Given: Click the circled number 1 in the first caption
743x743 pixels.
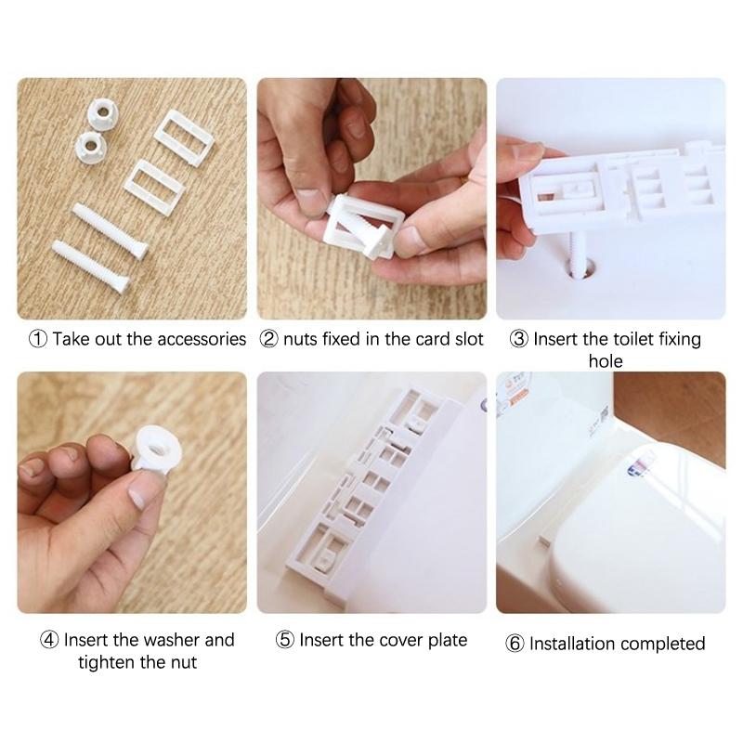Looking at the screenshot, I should (38, 339).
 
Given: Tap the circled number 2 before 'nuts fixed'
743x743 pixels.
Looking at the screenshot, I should (268, 339).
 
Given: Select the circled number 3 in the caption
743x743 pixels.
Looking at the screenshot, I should (519, 339).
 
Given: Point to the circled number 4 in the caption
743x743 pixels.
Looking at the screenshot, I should (49, 640).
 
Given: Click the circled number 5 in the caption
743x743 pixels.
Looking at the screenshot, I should (285, 640).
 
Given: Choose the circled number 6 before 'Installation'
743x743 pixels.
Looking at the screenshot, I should (515, 644).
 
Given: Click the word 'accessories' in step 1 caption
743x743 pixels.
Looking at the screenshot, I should (198, 339).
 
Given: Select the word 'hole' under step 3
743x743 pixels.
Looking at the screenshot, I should (606, 360).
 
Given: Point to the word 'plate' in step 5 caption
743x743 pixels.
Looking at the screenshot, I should (446, 640).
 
